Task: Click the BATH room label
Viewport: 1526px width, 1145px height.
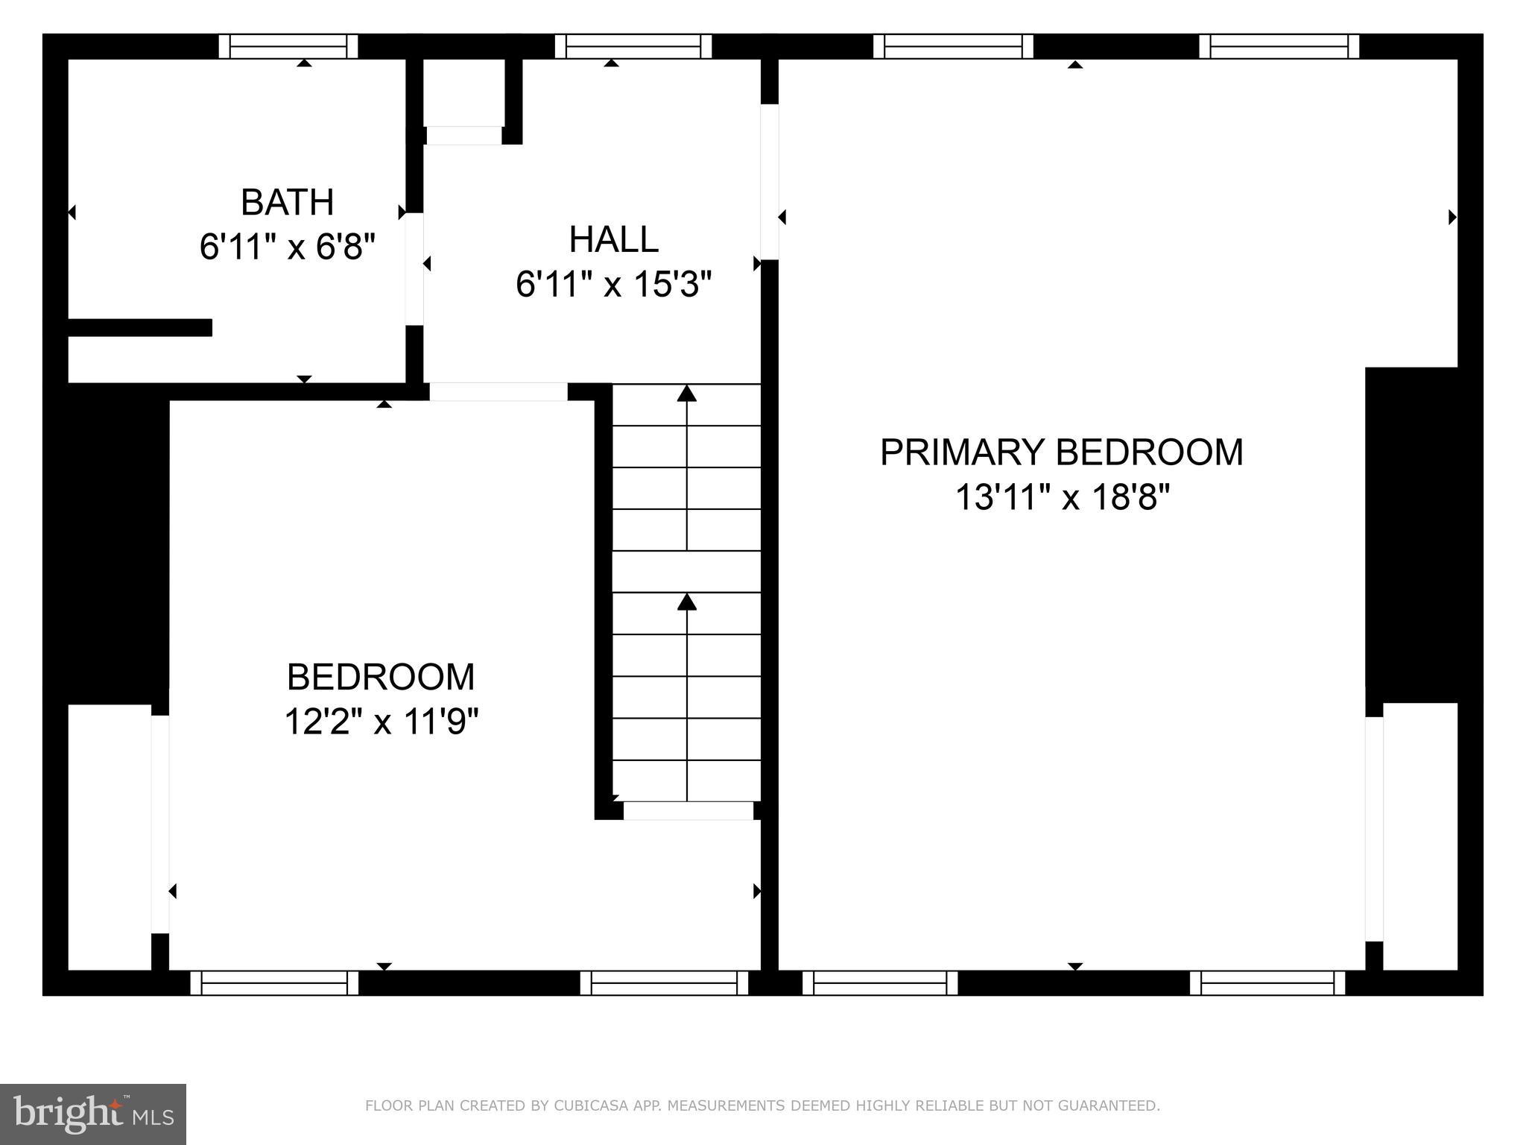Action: point(287,203)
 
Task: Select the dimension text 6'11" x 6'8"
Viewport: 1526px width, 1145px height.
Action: point(287,247)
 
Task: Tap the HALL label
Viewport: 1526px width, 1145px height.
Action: point(613,240)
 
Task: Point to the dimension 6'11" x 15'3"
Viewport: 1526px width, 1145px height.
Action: point(613,285)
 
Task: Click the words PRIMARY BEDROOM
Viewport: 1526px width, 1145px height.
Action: point(1061,452)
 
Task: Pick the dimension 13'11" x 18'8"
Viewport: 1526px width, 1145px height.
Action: point(1063,497)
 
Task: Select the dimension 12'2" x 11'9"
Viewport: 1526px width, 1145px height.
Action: point(381,722)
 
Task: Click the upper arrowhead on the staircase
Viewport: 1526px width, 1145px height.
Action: point(686,393)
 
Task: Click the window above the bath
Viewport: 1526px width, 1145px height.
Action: point(288,46)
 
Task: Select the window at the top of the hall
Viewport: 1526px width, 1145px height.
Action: point(633,46)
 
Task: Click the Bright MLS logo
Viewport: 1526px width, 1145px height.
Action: point(92,1114)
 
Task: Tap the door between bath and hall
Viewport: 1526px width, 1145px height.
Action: point(414,269)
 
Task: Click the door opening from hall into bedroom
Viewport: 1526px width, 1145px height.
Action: point(498,391)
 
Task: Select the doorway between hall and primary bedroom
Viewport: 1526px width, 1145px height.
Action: point(770,182)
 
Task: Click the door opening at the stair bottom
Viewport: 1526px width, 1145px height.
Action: point(688,810)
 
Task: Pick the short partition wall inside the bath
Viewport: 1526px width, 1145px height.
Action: point(140,327)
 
